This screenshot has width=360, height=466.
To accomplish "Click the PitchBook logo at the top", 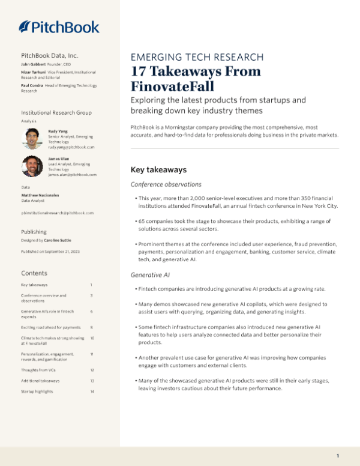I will click(x=59, y=26).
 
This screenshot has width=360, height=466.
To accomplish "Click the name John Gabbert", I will click(x=34, y=64).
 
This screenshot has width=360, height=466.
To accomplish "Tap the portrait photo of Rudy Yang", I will click(x=32, y=139).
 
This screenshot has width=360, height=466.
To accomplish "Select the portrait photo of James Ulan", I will click(x=32, y=166).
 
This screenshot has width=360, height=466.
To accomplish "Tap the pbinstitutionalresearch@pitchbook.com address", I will click(x=57, y=213).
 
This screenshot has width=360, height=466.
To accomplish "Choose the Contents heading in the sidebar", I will click(x=34, y=273).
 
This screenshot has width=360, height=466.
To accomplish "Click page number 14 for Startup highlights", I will click(x=92, y=392).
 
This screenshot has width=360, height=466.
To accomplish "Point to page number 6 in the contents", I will click(x=91, y=312).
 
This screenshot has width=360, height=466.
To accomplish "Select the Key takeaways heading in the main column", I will click(x=158, y=170).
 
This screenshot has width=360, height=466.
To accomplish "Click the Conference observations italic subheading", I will click(x=166, y=184).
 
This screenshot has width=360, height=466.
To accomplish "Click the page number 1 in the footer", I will click(x=338, y=456).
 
